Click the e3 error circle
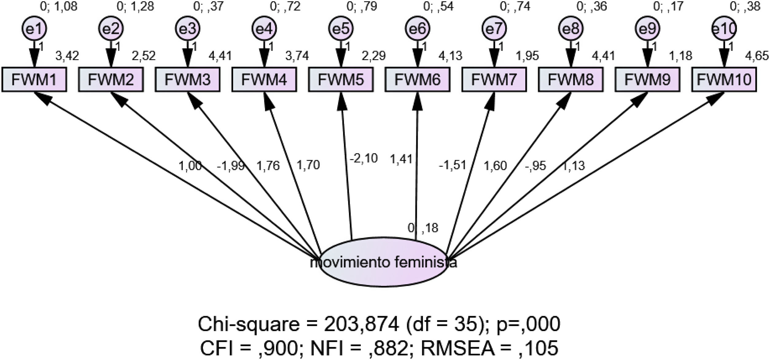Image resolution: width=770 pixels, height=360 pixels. [188, 29]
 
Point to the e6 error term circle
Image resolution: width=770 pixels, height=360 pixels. [418, 29]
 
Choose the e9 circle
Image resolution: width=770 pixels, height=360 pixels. [647, 29]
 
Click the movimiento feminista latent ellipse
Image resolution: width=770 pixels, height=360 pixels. [384, 263]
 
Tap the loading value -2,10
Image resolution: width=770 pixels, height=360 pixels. [364, 159]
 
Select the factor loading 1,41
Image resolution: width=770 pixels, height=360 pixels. [401, 160]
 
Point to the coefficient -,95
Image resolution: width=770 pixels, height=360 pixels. [535, 166]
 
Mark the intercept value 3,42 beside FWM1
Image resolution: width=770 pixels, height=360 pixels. [67, 56]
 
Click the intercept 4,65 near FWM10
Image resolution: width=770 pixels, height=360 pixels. [757, 56]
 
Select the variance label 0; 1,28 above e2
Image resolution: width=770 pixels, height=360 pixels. [135, 6]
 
